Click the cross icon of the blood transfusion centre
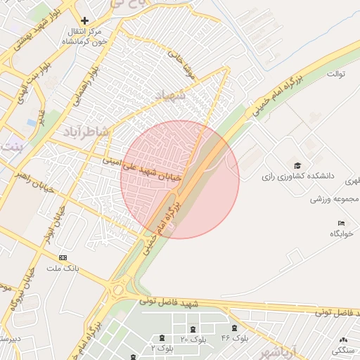point(85,21)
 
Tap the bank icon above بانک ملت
point(63,258)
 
